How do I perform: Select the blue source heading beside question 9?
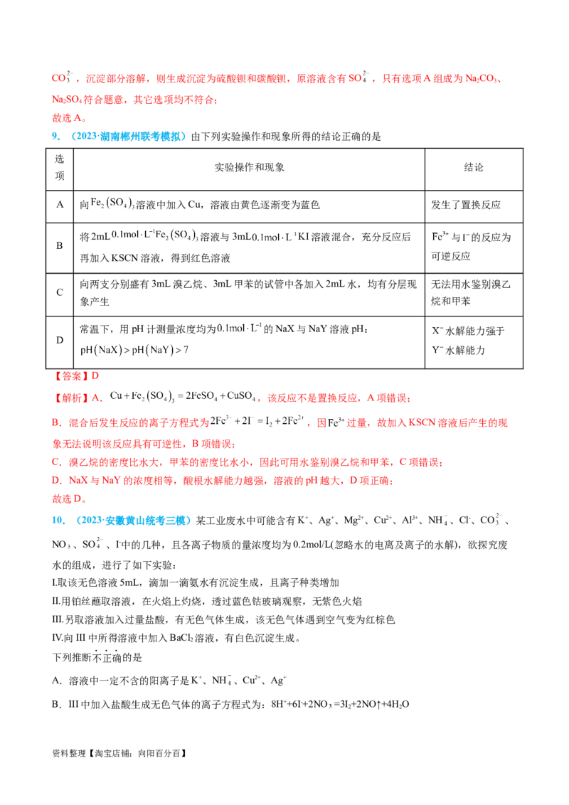click(x=127, y=136)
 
